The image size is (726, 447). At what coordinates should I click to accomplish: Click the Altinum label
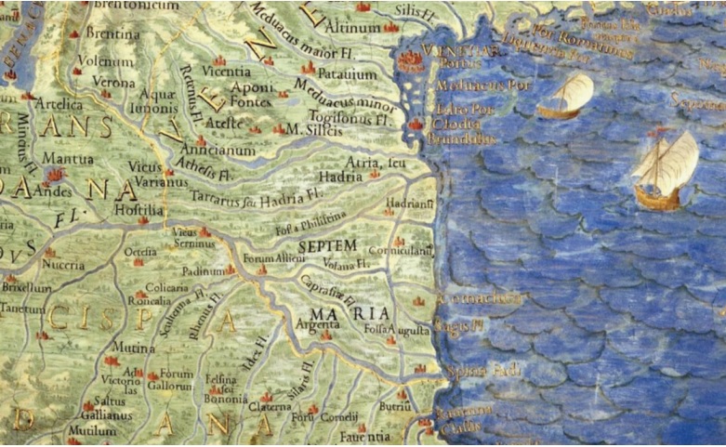358,29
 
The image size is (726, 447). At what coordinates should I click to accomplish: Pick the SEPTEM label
329,243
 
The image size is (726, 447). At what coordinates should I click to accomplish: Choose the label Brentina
112,33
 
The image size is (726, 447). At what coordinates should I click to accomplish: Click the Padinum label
203,271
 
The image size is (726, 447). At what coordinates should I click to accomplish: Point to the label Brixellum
25,288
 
